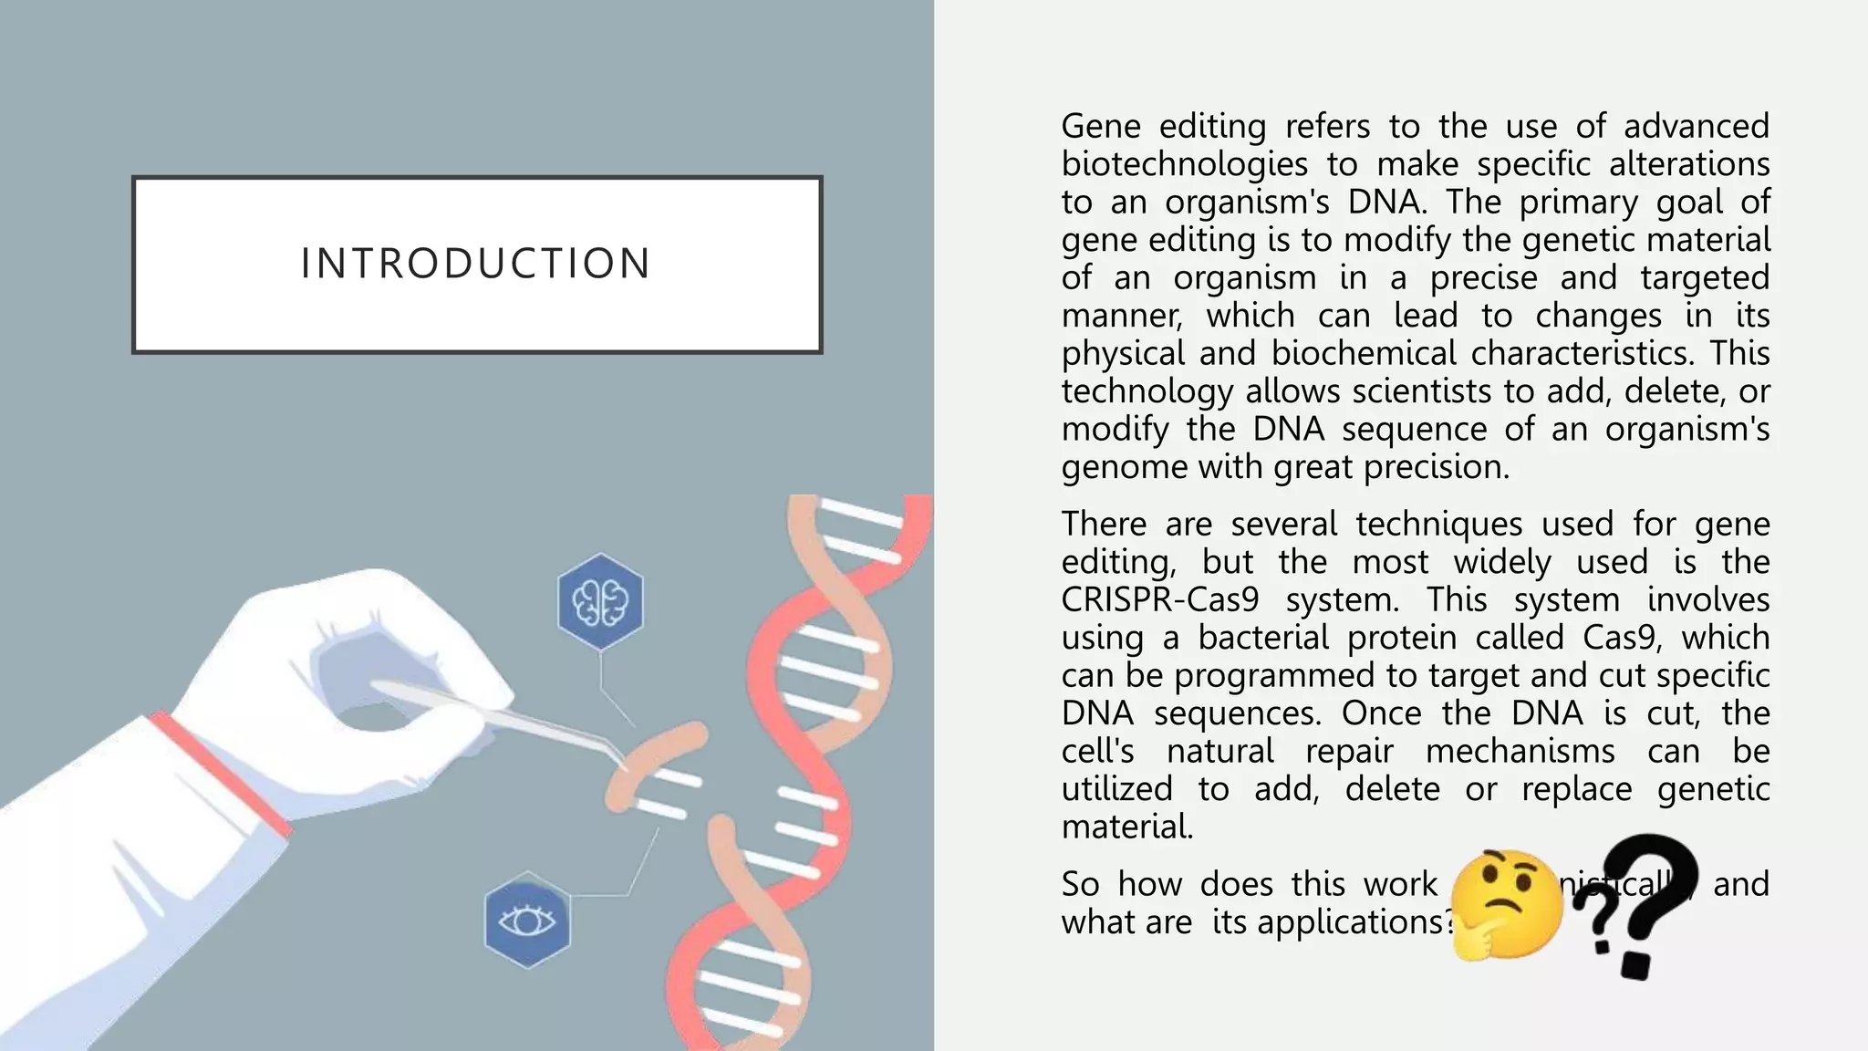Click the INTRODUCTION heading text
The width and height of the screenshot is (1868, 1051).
click(x=475, y=264)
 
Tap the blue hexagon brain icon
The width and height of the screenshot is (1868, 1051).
click(x=600, y=602)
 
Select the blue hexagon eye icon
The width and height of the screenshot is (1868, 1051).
click(x=527, y=921)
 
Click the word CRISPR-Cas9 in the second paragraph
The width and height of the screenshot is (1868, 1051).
click(x=1160, y=599)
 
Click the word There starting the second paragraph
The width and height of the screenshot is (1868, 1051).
click(x=1103, y=524)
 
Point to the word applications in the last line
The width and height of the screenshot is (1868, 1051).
click(x=1350, y=921)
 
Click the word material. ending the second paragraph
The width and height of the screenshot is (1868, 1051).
click(x=1126, y=827)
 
